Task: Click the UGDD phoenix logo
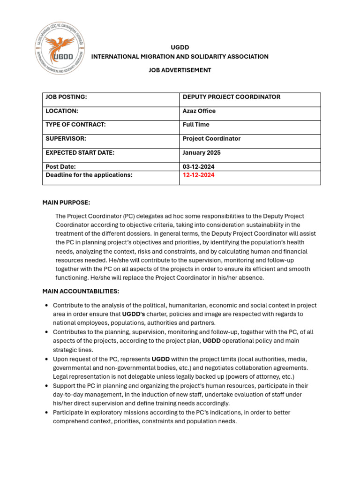pos(60,49)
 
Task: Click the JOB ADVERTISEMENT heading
pos(180,70)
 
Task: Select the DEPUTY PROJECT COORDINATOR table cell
pos(231,97)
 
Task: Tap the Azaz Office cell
pos(199,111)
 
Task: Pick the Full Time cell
pos(196,125)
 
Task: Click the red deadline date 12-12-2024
pos(199,175)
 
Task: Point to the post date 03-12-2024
pos(199,167)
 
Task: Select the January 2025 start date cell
pos(201,153)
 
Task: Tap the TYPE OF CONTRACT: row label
pos(75,125)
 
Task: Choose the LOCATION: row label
pos(61,111)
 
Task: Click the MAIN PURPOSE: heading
pos(66,202)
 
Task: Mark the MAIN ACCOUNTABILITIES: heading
pos(81,292)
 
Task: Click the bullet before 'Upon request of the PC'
pos(46,360)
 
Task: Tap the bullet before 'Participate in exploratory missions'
pos(46,413)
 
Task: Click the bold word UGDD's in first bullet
pos(133,314)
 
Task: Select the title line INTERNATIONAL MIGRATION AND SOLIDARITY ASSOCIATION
pos(180,57)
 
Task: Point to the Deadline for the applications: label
pos(89,175)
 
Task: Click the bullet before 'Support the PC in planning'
pos(46,386)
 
